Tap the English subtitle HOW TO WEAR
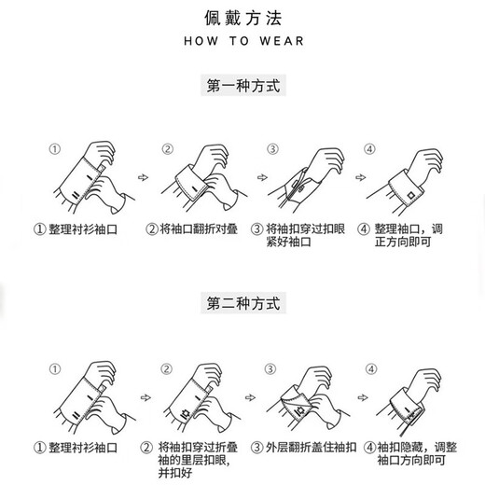coord(242,42)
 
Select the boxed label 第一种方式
coord(242,86)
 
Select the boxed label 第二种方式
coord(242,304)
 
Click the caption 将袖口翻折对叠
coord(192,229)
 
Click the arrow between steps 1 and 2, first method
coord(143,174)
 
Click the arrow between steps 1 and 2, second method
coord(143,393)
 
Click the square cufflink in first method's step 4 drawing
coord(411,194)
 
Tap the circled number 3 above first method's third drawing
coord(272,148)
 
